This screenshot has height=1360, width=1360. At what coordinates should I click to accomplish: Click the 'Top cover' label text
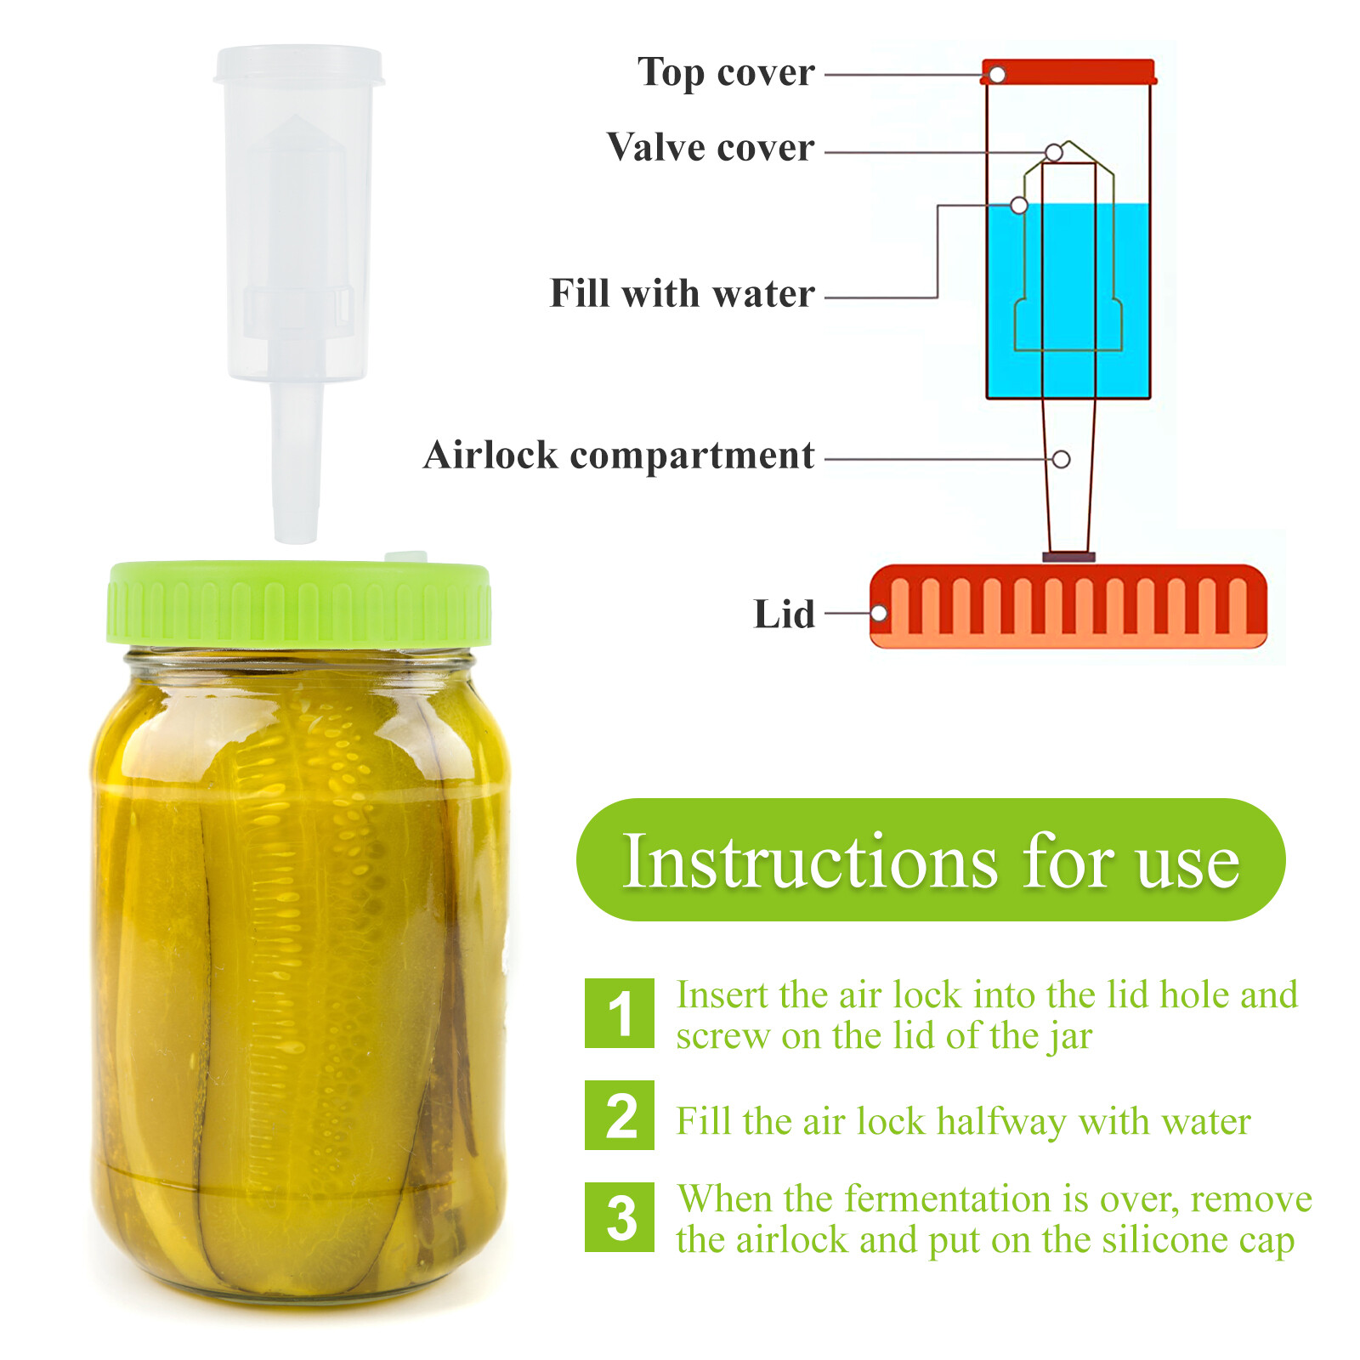726,73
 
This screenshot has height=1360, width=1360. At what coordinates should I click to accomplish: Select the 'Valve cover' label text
711,148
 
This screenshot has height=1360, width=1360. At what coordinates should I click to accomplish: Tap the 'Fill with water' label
682,294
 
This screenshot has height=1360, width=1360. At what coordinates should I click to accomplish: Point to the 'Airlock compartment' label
619,456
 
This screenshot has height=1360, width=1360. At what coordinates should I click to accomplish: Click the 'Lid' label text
784,615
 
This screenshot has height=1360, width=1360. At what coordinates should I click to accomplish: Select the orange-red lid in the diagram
1068,605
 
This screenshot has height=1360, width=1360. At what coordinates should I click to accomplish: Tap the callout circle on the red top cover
997,75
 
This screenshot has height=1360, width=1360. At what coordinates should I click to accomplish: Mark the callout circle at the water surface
1019,205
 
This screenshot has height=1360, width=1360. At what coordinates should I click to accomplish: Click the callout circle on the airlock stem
1061,459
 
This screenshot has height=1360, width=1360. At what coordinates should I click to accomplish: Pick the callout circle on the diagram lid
880,613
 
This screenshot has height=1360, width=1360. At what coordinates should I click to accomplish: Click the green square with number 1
620,1013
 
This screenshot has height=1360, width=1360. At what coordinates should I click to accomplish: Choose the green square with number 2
620,1115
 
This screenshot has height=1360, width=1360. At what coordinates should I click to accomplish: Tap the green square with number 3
620,1217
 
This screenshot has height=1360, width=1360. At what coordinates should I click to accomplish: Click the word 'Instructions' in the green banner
809,862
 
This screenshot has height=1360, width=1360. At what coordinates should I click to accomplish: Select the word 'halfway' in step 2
1001,1122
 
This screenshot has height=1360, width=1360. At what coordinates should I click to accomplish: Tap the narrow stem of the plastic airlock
296,463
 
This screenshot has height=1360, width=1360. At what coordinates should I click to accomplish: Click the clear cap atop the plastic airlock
298,65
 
